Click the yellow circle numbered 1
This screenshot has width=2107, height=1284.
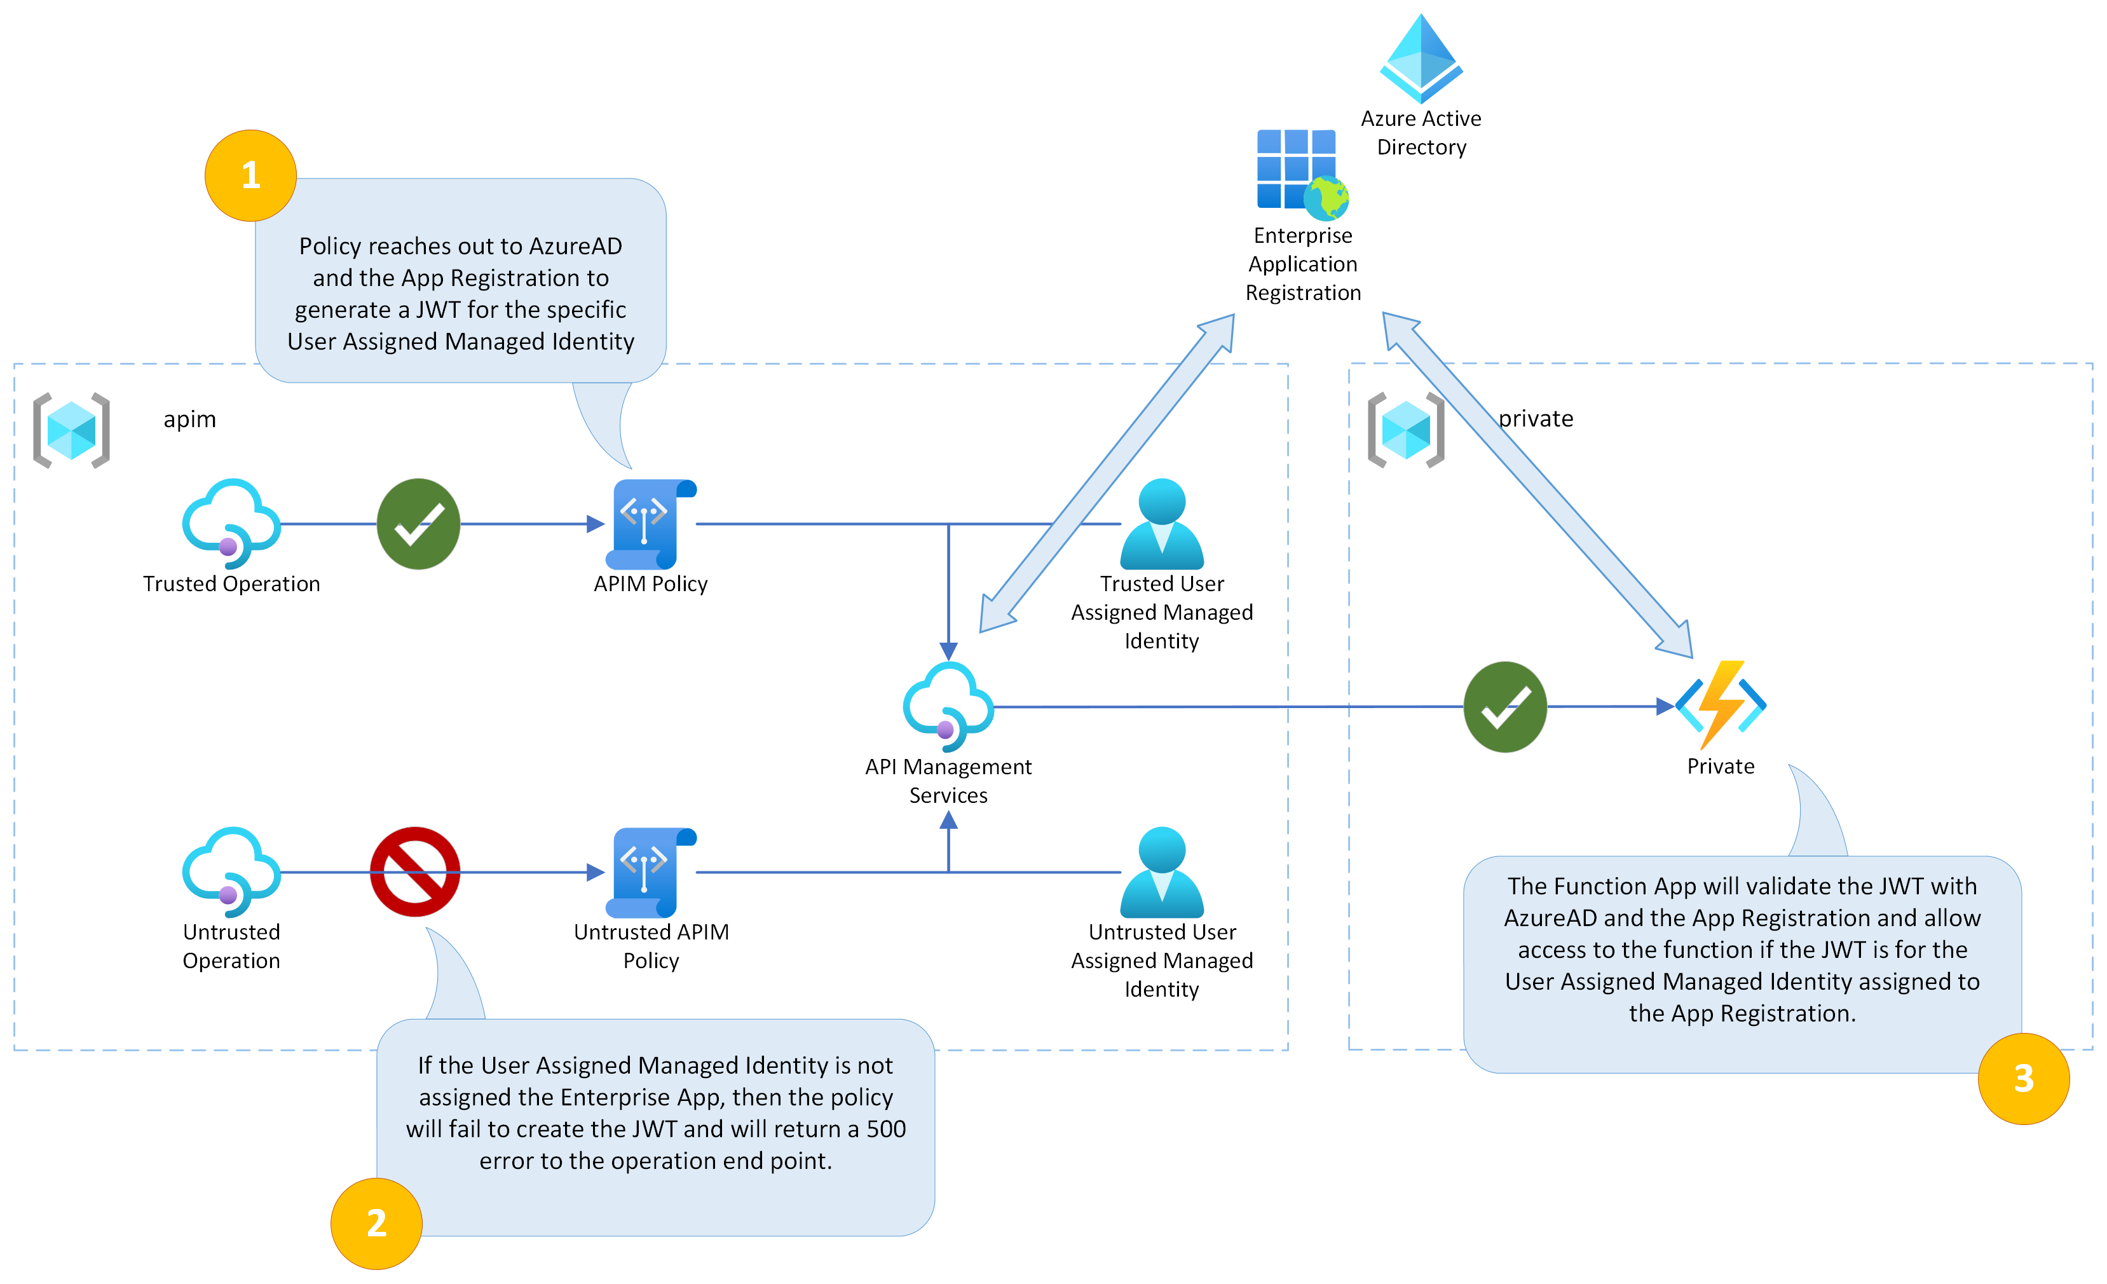tap(250, 175)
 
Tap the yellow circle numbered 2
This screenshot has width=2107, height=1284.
tap(376, 1222)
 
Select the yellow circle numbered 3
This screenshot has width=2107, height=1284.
tap(2023, 1078)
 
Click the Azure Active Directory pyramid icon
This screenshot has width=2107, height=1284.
tap(1421, 58)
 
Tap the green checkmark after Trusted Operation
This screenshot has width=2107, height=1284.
tap(418, 524)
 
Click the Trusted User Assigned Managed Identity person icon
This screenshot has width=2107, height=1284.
tap(1161, 524)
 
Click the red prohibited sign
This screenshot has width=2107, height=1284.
tap(415, 871)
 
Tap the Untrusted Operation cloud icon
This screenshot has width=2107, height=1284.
tap(231, 871)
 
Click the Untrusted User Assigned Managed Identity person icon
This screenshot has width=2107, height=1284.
tap(1161, 871)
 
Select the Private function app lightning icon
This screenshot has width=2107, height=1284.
tap(1721, 706)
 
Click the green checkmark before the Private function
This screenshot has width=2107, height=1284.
tap(1505, 707)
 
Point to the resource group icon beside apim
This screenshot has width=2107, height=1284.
tap(72, 430)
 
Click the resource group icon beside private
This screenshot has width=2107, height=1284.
tap(1406, 430)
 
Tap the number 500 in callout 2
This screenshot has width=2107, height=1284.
tap(886, 1129)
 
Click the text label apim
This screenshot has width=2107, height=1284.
tap(190, 419)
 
